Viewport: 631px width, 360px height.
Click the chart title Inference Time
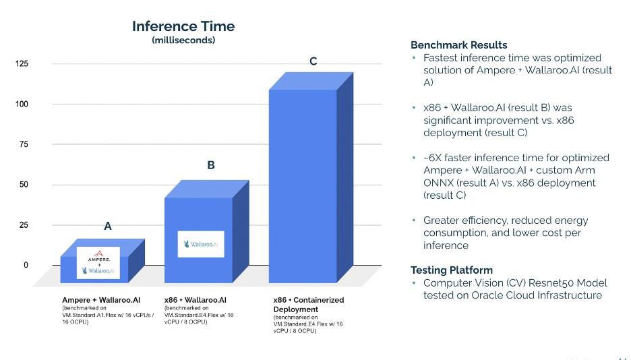[x=183, y=26]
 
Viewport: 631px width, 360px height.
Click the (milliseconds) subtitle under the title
[x=183, y=40]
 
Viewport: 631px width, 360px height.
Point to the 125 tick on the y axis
[x=22, y=64]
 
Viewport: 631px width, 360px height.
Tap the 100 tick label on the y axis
[x=22, y=104]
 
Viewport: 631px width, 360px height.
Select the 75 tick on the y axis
[x=24, y=144]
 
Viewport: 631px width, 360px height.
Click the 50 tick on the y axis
[x=24, y=185]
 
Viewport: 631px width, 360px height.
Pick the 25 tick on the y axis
[x=24, y=225]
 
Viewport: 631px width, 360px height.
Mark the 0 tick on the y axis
[x=26, y=265]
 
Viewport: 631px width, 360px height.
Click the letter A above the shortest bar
[x=107, y=227]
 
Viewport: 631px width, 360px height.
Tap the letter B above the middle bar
[x=211, y=164]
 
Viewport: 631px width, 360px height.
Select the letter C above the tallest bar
[x=313, y=61]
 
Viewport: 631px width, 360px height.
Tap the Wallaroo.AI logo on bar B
[x=201, y=244]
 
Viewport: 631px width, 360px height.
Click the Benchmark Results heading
[x=458, y=45]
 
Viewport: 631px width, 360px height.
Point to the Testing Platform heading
[x=451, y=270]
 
